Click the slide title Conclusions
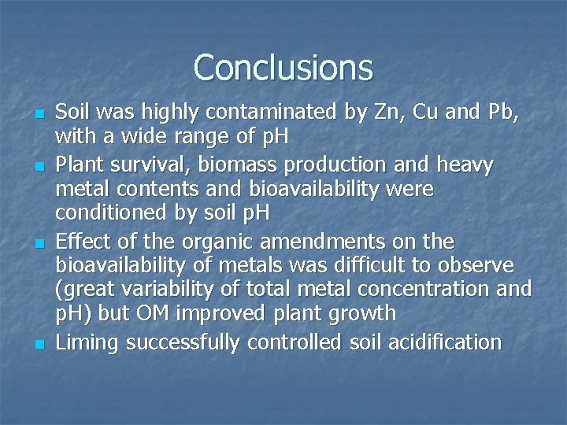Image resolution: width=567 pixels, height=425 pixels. tap(283, 68)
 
